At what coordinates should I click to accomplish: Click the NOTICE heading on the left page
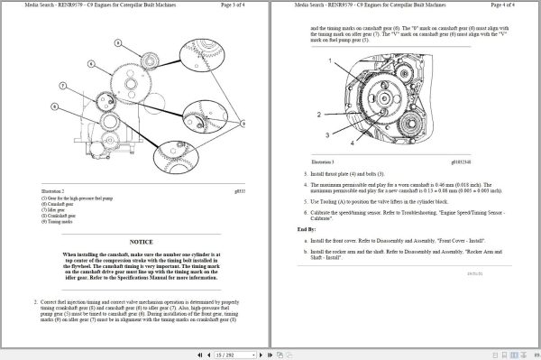141,242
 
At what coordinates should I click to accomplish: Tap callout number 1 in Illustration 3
331,60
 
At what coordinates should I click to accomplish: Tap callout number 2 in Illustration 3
318,115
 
